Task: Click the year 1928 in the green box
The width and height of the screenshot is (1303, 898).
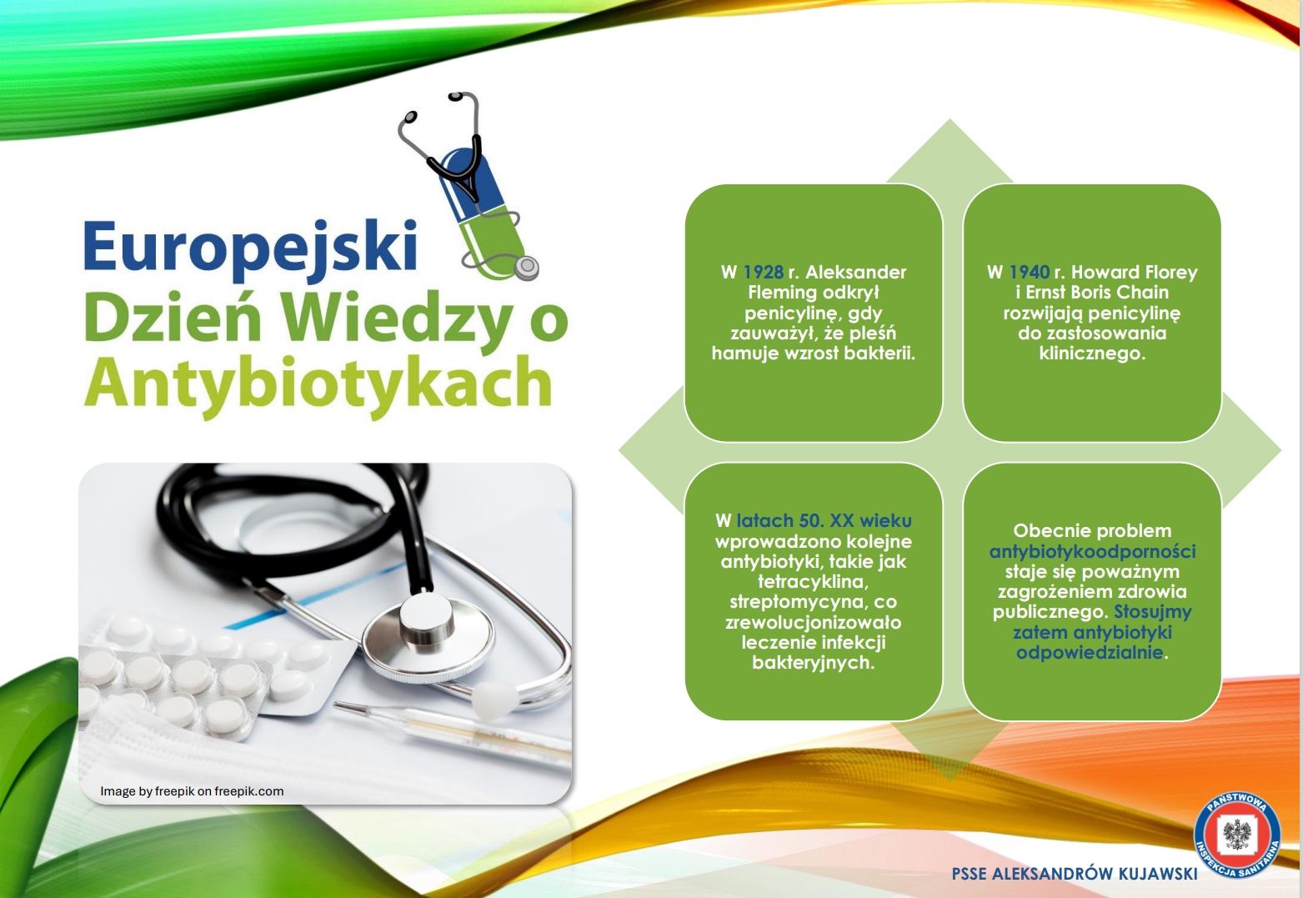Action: click(x=763, y=273)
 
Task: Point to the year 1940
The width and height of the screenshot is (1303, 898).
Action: click(x=1029, y=273)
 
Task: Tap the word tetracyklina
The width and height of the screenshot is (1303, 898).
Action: click(x=813, y=582)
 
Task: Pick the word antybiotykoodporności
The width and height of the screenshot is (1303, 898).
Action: click(x=1092, y=552)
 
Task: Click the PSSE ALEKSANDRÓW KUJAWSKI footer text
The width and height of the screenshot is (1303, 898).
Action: click(x=1075, y=874)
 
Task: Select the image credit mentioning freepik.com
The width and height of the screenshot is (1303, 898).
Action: click(x=192, y=791)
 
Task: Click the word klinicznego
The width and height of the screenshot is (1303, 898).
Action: click(x=1092, y=354)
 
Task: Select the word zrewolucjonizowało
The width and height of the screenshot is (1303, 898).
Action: click(x=813, y=623)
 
